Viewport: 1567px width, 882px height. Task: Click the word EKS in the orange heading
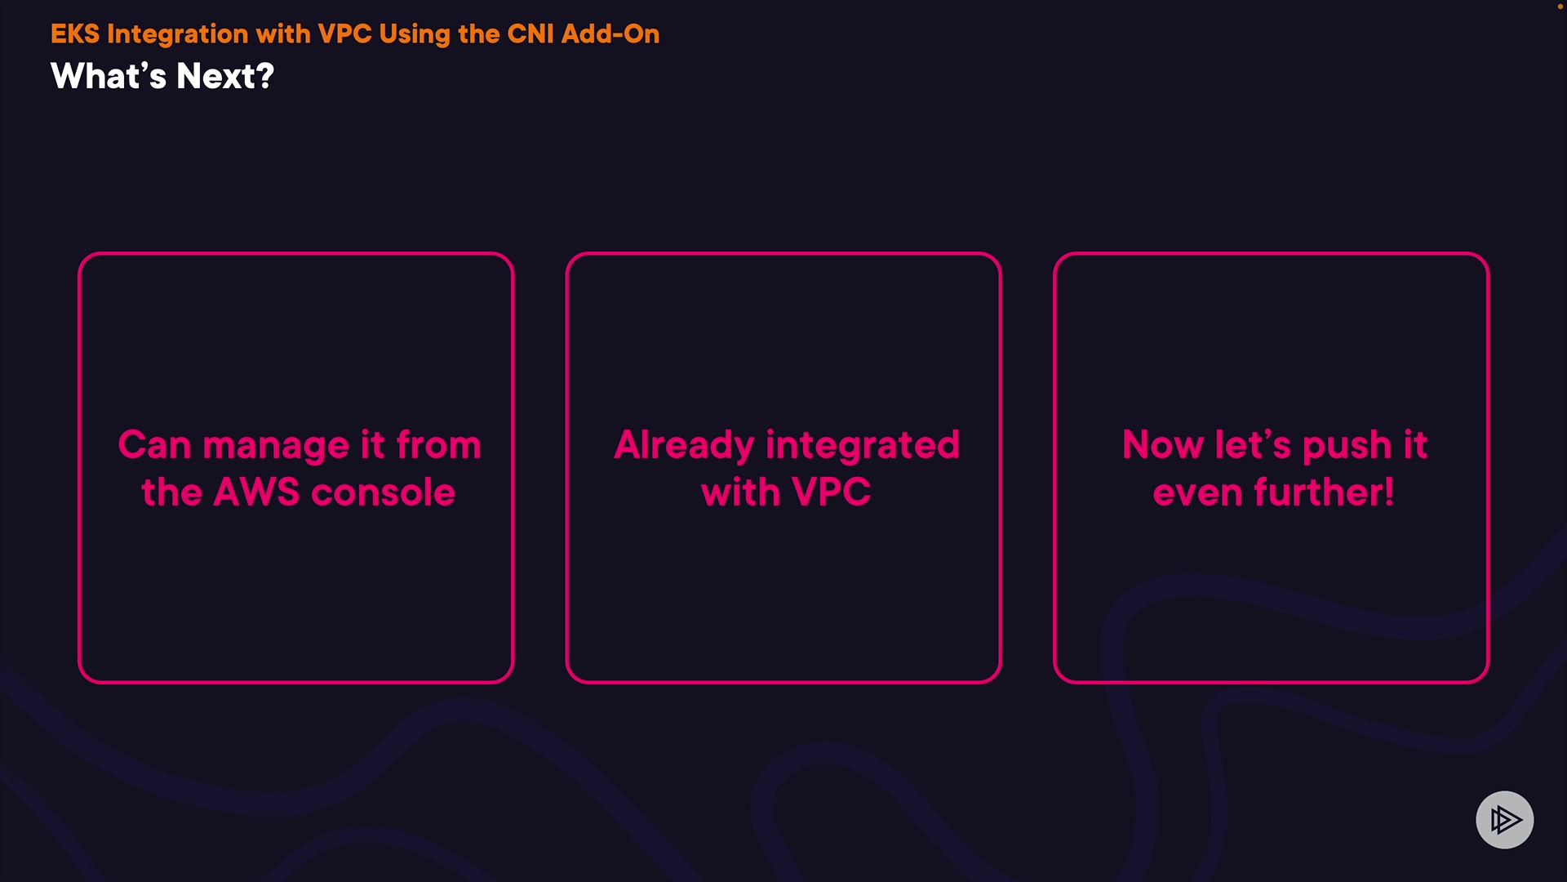[x=75, y=33]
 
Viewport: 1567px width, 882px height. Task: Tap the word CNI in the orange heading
[x=530, y=33]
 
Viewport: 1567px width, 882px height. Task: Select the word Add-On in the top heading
[x=610, y=33]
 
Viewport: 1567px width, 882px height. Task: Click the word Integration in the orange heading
[x=178, y=35]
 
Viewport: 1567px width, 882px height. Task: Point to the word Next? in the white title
[x=225, y=76]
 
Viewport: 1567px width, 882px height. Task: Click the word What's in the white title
[x=109, y=76]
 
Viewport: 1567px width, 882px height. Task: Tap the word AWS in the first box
[x=256, y=492]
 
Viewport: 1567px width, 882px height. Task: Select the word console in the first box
[x=383, y=493]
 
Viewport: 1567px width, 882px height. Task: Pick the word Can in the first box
[x=154, y=446]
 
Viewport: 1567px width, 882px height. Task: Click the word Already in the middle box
[x=684, y=447]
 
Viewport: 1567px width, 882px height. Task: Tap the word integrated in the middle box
[x=863, y=447]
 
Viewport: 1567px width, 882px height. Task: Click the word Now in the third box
[x=1163, y=446]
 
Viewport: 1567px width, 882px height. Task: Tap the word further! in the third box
[x=1324, y=492]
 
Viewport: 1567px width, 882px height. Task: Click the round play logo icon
[x=1505, y=820]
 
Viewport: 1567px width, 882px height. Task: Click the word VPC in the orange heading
[x=344, y=33]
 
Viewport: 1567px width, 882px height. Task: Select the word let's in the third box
[x=1253, y=446]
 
